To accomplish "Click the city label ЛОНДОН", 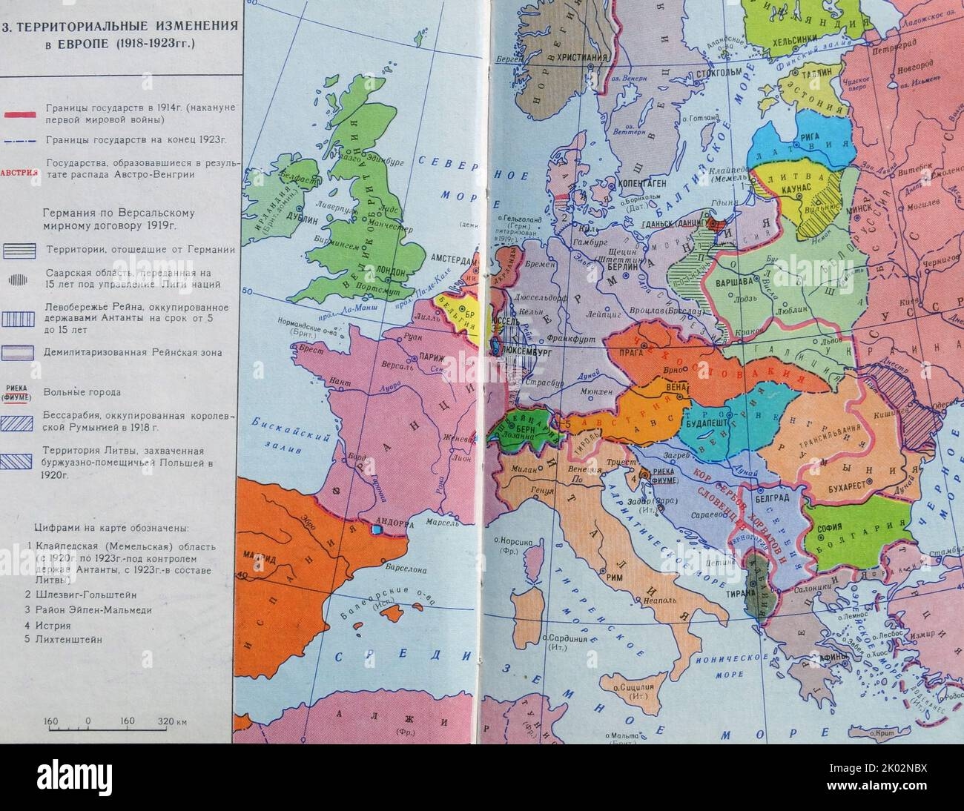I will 390,271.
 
